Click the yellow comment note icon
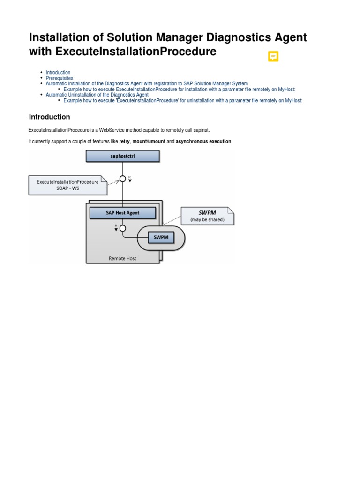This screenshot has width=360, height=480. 273,57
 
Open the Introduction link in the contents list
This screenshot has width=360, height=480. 58,73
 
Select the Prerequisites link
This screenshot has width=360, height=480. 60,78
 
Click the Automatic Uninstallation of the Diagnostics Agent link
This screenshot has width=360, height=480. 97,95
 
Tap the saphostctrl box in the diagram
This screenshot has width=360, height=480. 123,156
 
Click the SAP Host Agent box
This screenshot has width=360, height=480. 122,213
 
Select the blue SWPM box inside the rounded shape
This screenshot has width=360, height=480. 161,238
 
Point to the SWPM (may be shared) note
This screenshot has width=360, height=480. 207,216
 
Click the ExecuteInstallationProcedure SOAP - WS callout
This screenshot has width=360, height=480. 67,185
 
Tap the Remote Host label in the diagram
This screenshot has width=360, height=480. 122,258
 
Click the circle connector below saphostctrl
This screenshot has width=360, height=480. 123,179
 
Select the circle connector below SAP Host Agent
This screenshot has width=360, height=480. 123,228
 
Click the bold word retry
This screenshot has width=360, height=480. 124,141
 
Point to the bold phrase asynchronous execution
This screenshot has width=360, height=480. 203,141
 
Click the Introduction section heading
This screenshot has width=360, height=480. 50,117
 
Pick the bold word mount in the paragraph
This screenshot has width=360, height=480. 140,141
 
